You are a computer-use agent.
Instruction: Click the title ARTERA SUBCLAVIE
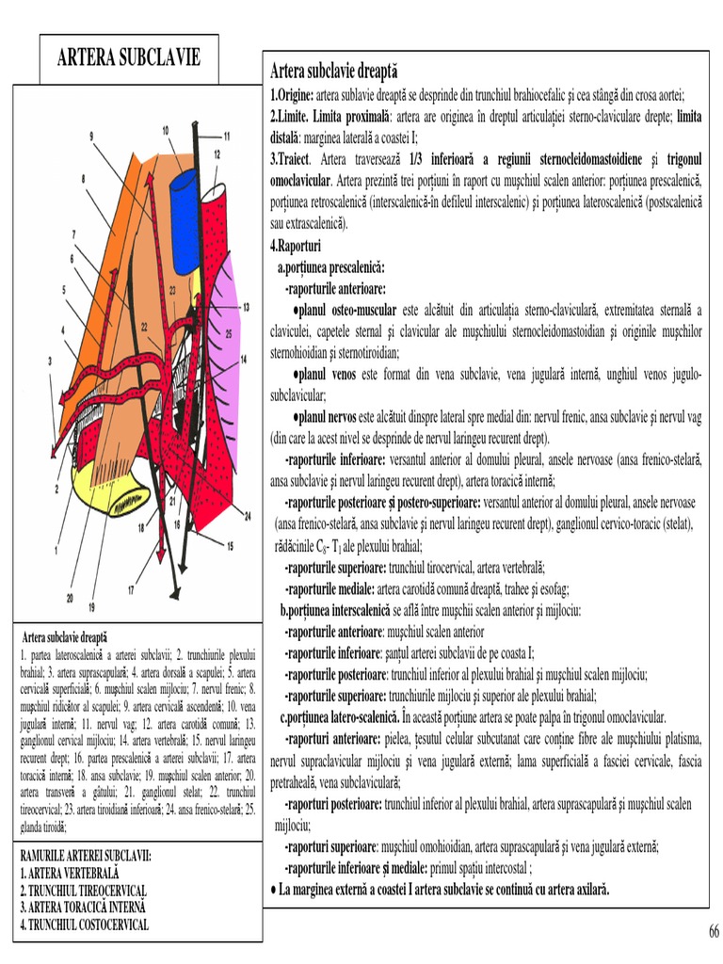pos(129,58)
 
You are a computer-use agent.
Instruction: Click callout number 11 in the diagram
pos(226,135)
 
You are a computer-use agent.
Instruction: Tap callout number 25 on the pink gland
pos(228,333)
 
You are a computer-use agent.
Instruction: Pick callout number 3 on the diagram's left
pos(49,361)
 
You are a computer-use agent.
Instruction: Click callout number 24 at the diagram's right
pos(249,517)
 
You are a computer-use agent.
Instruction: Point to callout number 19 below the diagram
pos(91,606)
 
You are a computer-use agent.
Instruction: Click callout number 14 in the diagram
pos(243,359)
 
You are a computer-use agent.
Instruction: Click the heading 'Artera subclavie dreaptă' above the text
pos(334,72)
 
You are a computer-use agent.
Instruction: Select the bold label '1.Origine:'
pos(292,95)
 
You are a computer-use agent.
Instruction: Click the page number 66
pos(714,931)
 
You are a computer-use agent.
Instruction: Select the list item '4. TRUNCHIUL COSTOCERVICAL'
pos(85,924)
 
